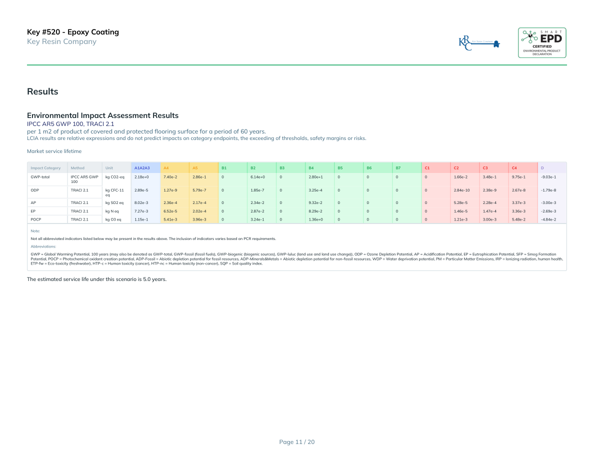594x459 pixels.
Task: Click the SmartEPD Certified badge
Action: pyautogui.click(x=542, y=42)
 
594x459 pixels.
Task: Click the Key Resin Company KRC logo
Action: pyautogui.click(x=479, y=43)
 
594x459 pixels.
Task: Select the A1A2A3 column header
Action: pyautogui.click(x=142, y=167)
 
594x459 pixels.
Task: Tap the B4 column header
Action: pyautogui.click(x=311, y=167)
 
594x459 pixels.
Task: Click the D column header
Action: pyautogui.click(x=542, y=167)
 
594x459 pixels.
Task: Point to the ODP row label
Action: pyautogui.click(x=34, y=190)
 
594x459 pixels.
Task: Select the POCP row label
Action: pyautogui.click(x=35, y=219)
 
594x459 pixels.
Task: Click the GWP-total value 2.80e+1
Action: pyautogui.click(x=315, y=177)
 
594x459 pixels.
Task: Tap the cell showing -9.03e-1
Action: pyautogui.click(x=548, y=177)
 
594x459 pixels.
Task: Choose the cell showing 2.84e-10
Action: pyautogui.click(x=461, y=190)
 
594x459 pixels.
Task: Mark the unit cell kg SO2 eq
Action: pyautogui.click(x=114, y=202)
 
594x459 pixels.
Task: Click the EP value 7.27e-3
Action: pyautogui.click(x=141, y=211)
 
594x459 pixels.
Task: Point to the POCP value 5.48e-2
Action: pyautogui.click(x=518, y=219)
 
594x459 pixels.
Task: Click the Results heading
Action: pyautogui.click(x=42, y=91)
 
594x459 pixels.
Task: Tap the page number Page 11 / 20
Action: pyautogui.click(x=297, y=441)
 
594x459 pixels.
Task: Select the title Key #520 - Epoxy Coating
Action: pyautogui.click(x=73, y=32)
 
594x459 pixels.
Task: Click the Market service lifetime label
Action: pyautogui.click(x=54, y=151)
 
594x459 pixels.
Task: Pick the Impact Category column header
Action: pyautogui.click(x=45, y=167)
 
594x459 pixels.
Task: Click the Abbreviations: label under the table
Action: pyautogui.click(x=43, y=246)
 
